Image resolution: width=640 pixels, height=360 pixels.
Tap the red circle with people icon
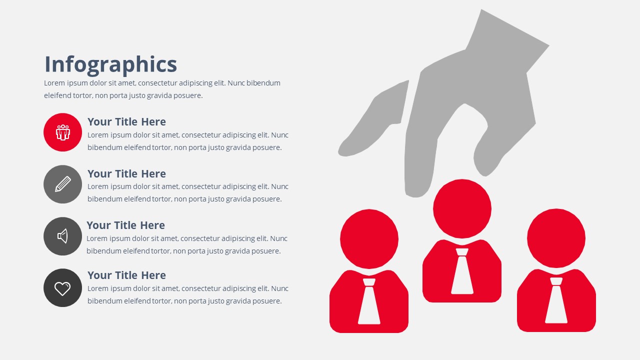point(62,132)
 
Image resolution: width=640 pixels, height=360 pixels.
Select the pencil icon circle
point(62,184)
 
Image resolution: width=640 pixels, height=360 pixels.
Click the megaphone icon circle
point(62,236)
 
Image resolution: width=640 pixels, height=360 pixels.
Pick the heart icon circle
point(62,287)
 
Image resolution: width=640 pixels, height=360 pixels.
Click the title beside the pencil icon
point(126,173)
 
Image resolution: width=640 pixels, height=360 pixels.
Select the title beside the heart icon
point(126,275)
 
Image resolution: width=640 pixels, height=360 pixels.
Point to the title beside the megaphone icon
point(125,225)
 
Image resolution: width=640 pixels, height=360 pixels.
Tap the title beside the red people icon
point(126,121)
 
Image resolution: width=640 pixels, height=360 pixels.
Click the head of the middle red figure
point(462,208)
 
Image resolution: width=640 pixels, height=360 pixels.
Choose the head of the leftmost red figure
point(369,239)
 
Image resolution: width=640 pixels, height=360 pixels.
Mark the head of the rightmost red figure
point(556,238)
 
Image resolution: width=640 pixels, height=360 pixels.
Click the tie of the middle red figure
point(462,271)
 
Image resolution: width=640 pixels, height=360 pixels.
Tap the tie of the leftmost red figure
point(369,301)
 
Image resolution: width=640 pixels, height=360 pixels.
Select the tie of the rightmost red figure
point(556,300)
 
